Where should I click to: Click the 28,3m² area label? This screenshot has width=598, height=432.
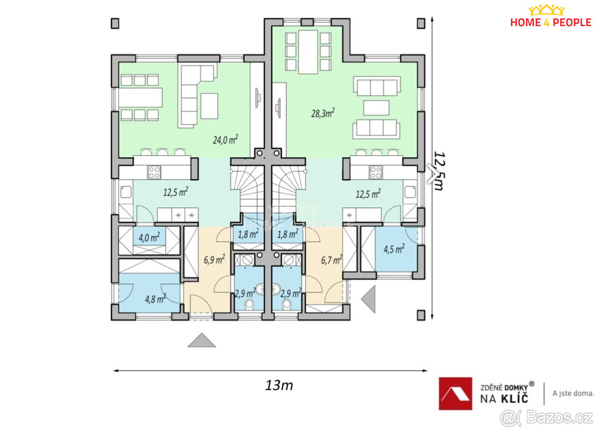click(323, 113)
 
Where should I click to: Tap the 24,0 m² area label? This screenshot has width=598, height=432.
click(225, 140)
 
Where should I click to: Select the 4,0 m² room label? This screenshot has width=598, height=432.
click(149, 237)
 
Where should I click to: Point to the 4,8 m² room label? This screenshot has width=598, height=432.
click(155, 298)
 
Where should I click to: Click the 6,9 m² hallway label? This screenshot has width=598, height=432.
click(214, 259)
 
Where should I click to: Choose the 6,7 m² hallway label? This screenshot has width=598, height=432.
click(331, 260)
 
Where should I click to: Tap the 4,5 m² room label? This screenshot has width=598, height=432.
click(394, 249)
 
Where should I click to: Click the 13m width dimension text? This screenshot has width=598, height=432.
click(279, 386)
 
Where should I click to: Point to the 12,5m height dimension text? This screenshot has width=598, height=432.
click(439, 171)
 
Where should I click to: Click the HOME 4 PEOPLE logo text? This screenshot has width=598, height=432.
click(551, 22)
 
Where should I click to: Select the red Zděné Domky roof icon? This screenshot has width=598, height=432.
click(455, 393)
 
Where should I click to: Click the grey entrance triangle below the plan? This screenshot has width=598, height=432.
click(201, 340)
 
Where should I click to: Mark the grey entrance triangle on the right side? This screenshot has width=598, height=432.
click(368, 299)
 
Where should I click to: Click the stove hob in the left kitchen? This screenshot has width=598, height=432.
click(154, 172)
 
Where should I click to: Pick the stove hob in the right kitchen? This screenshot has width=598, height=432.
click(376, 172)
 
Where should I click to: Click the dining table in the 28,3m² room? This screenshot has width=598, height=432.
click(308, 52)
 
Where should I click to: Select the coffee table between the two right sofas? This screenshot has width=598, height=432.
click(376, 108)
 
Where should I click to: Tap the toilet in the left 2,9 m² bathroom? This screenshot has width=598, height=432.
click(249, 304)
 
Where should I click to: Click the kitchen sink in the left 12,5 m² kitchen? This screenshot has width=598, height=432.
click(126, 192)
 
